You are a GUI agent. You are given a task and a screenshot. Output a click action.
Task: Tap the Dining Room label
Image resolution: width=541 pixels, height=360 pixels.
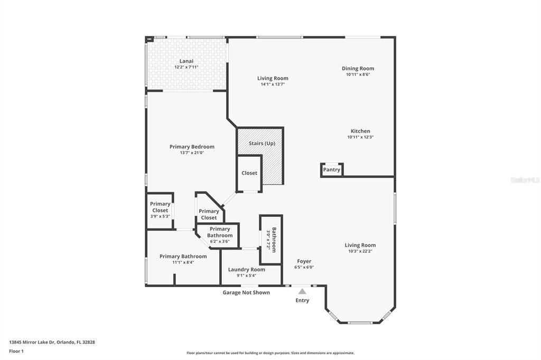[x=358, y=69]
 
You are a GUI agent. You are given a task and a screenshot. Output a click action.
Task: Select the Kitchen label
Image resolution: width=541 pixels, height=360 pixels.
[x=360, y=131]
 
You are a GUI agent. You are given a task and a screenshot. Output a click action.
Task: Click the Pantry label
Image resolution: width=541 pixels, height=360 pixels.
[x=332, y=170]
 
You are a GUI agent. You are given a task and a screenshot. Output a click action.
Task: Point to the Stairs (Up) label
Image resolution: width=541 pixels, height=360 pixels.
[x=262, y=143]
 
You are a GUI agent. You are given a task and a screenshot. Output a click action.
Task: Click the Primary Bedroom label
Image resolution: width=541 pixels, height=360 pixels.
[x=192, y=147]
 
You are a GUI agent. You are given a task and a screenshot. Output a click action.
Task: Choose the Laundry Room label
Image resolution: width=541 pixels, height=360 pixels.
[x=247, y=269]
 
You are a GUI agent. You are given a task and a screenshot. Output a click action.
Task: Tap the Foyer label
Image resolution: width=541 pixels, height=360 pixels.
[x=304, y=261]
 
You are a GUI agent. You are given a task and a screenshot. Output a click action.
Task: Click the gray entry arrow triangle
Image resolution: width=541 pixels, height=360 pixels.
[x=302, y=291]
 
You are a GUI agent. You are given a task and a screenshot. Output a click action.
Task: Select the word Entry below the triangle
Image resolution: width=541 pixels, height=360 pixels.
[x=302, y=300]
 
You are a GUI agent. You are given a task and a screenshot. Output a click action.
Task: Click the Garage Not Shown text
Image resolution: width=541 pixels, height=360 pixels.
[x=246, y=292]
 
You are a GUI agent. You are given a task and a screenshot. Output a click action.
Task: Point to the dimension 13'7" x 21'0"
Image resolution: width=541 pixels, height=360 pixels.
[x=192, y=153]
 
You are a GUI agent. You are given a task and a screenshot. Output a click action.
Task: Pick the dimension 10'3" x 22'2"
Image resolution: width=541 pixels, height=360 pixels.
[x=360, y=251]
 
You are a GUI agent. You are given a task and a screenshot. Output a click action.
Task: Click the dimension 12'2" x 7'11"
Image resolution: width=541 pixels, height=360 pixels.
[x=186, y=67]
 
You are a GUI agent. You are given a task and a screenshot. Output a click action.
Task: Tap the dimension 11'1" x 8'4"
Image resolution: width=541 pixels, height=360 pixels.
[x=183, y=262]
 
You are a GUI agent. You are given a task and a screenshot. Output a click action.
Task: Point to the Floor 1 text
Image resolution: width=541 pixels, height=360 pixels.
[x=16, y=351]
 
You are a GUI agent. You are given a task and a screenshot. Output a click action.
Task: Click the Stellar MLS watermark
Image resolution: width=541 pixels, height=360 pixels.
[x=525, y=180]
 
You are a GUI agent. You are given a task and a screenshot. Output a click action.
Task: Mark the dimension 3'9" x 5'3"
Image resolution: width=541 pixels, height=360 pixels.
[x=160, y=216]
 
